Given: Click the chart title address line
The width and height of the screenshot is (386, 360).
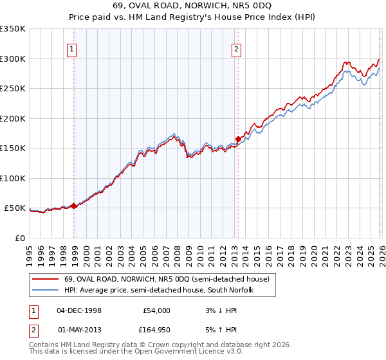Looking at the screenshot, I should coord(193,6).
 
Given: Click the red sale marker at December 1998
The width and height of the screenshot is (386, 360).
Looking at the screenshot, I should coord(74,206).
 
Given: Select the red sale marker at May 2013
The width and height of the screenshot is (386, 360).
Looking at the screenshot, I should coord(238,139).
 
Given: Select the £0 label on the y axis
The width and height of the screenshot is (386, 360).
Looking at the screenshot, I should coord(20,238).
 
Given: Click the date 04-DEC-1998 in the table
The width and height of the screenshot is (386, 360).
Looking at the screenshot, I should coord(79,310).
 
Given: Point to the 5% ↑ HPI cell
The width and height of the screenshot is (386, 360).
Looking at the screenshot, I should coord(221,330).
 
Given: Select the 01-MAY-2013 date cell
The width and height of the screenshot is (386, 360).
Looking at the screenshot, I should coord(79,330).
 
